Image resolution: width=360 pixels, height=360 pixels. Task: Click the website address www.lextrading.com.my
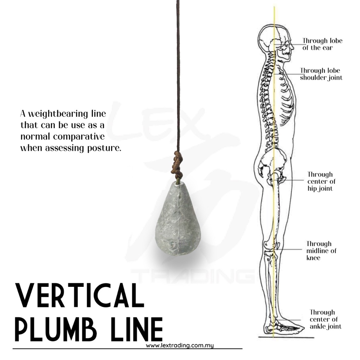(x=180, y=346)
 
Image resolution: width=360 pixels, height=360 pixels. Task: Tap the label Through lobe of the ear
(x=322, y=44)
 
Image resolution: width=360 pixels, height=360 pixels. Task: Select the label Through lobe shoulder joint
(x=321, y=74)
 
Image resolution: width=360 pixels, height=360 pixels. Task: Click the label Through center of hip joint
(x=321, y=181)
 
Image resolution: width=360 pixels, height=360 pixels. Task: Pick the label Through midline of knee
(x=321, y=251)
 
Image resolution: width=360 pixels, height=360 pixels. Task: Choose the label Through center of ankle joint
(x=325, y=319)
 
